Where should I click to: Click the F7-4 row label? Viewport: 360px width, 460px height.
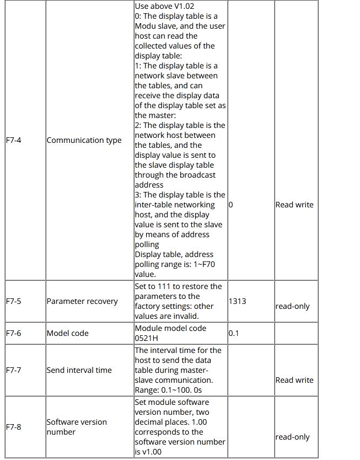tap(14, 140)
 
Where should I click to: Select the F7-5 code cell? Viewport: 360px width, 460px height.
tap(14, 301)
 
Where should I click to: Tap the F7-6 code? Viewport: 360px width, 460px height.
tap(14, 333)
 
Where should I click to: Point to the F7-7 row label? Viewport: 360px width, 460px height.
tap(14, 370)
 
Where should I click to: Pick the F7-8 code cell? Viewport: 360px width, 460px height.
tap(14, 427)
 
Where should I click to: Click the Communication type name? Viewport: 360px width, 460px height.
tap(84, 140)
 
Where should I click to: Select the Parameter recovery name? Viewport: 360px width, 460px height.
tap(82, 301)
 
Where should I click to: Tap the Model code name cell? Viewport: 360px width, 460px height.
tap(67, 333)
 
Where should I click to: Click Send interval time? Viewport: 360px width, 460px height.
tap(79, 370)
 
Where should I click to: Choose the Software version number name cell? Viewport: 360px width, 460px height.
tap(77, 427)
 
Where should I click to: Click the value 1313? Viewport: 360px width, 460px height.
tap(237, 301)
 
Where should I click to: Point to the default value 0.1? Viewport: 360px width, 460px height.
tap(234, 333)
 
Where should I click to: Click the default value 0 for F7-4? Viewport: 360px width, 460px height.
tap(231, 205)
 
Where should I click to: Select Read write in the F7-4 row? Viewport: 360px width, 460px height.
tap(294, 205)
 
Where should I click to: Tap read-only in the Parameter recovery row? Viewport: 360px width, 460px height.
tap(293, 306)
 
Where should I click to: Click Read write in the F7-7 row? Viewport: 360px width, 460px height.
tap(294, 380)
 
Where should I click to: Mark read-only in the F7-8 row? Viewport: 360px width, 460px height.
tap(293, 437)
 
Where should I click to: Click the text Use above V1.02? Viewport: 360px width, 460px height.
tap(164, 6)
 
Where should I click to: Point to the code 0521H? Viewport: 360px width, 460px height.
tap(147, 338)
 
